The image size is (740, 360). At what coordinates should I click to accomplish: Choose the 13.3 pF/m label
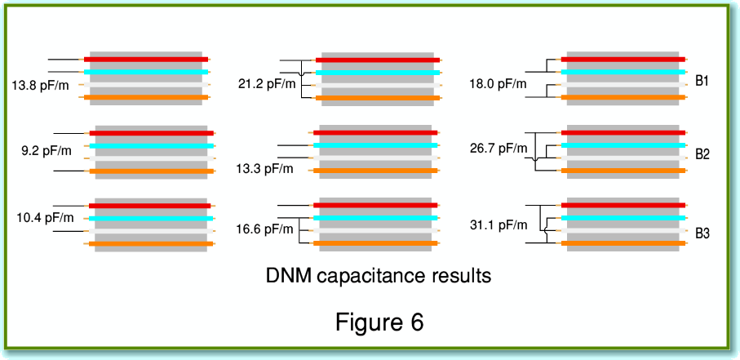[264, 169]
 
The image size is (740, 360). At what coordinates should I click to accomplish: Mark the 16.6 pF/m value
[264, 229]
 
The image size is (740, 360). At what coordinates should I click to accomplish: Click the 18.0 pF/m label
[498, 83]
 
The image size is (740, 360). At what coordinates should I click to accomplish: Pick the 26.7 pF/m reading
[499, 148]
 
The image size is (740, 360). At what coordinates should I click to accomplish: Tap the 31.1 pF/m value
[499, 223]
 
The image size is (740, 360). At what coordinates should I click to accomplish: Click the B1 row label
[702, 82]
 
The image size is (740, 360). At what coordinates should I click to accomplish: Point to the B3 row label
[702, 233]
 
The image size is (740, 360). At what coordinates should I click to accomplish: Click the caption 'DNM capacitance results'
[379, 275]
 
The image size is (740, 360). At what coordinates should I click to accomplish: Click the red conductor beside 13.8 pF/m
[146, 60]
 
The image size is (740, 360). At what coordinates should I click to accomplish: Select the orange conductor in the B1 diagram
[625, 98]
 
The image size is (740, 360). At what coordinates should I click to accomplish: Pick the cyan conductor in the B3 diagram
[624, 219]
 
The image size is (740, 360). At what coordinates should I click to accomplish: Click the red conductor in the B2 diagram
[624, 132]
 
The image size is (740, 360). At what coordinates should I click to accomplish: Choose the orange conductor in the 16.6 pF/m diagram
[377, 243]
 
